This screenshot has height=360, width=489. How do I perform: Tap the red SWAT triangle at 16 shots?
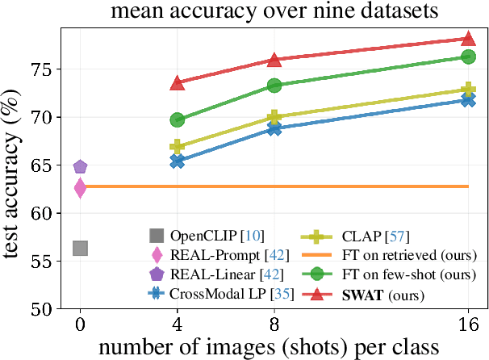[467, 39]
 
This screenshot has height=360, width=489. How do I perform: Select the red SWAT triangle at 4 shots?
[178, 83]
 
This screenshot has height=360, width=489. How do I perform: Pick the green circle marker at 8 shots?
[274, 86]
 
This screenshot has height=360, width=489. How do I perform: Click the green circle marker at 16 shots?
[467, 57]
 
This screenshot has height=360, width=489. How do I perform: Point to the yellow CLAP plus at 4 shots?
[178, 147]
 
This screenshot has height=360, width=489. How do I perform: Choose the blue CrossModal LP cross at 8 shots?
[274, 128]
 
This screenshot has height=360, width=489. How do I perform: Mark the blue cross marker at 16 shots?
[467, 99]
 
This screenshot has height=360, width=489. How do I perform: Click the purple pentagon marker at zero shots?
[80, 167]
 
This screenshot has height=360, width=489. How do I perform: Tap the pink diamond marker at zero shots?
[80, 188]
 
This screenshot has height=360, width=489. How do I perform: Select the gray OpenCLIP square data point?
[80, 248]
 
